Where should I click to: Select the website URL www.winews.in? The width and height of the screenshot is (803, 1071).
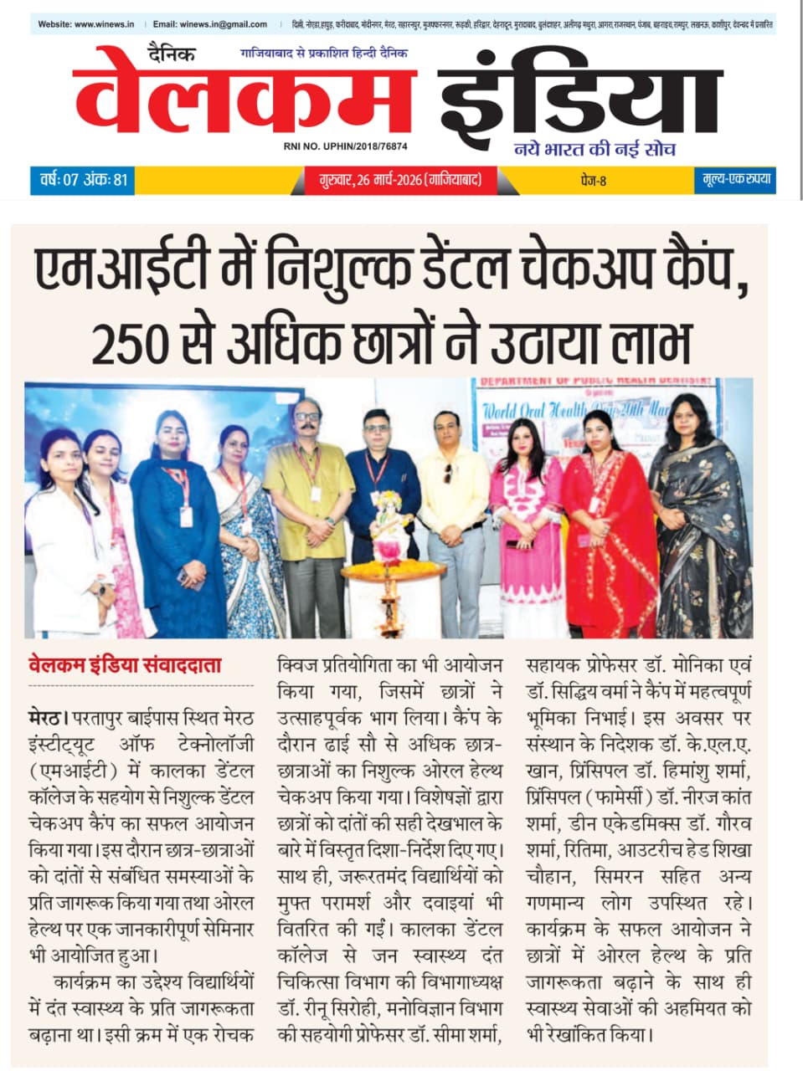pos(104,24)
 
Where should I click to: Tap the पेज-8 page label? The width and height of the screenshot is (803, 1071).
pos(592,180)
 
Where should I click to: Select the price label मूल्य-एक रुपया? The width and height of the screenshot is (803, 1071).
pos(735,180)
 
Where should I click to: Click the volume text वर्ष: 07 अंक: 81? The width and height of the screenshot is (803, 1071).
pos(84,180)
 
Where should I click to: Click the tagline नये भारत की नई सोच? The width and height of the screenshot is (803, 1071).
pos(595,150)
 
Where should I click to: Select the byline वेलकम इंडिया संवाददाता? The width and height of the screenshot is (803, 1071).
pos(125,666)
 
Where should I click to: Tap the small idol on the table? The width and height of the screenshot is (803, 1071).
pos(389,527)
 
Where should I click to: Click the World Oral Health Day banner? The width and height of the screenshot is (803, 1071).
pos(586,409)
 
